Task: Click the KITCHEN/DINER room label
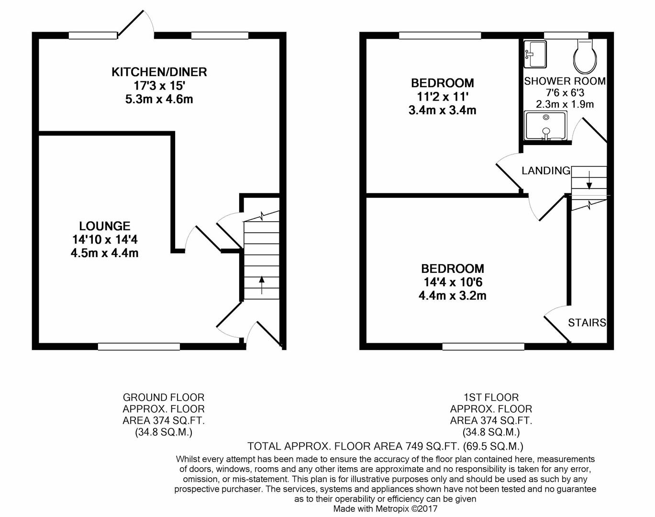[159, 72]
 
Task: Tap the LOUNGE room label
[104, 225]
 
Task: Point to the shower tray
[545, 125]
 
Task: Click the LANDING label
[545, 170]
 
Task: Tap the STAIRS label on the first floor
[587, 323]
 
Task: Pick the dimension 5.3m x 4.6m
[159, 100]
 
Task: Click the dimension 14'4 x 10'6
[452, 282]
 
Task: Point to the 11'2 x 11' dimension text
[442, 97]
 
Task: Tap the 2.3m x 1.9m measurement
[565, 104]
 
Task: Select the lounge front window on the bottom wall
[139, 347]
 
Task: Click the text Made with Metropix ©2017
[385, 509]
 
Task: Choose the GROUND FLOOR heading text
[163, 397]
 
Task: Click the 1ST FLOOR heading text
[491, 397]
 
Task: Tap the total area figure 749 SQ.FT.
[433, 447]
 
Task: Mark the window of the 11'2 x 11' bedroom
[440, 35]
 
